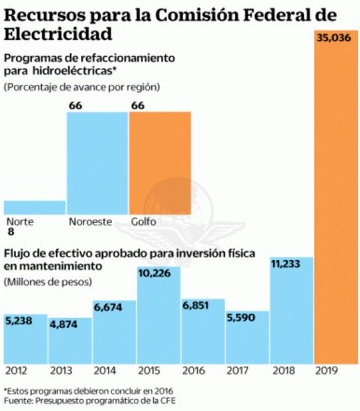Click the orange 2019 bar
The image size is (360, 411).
pos(335,199)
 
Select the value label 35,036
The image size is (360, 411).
pos(333,38)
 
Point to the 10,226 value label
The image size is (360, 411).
pos(157,274)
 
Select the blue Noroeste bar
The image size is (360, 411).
pos(97,162)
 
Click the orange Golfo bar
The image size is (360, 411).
pos(160,162)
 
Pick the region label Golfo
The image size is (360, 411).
pos(144,221)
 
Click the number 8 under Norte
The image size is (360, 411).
pos(10,232)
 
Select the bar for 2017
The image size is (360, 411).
pos(247,338)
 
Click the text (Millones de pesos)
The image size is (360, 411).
pos(48,282)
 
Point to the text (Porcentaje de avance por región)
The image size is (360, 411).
pos(82,87)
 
